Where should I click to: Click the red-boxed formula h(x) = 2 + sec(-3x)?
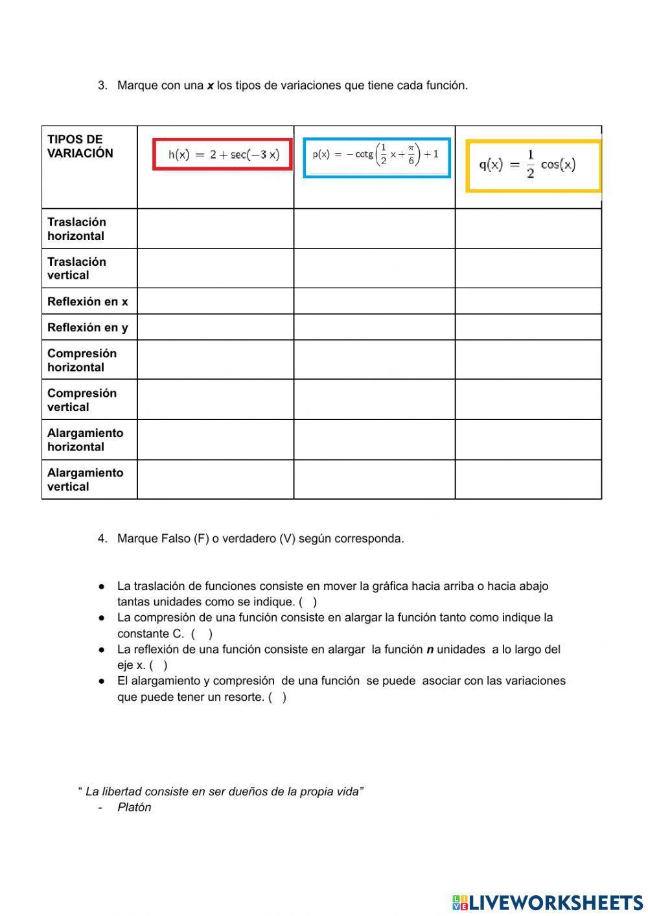tap(222, 154)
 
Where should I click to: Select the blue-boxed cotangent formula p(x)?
tap(376, 157)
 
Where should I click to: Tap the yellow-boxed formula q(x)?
tap(533, 166)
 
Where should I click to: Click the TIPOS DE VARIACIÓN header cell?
tap(80, 147)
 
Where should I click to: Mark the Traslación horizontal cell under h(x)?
tap(215, 229)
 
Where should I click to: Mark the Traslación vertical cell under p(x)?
tap(375, 268)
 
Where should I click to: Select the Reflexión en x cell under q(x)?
tap(528, 301)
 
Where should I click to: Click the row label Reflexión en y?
tap(87, 327)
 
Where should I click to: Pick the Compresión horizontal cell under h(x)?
tap(215, 360)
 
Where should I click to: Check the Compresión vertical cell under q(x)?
tap(528, 400)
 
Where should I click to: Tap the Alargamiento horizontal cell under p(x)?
tap(375, 440)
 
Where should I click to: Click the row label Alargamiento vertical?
tap(85, 480)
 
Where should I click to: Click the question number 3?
tap(102, 86)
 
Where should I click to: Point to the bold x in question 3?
tap(210, 86)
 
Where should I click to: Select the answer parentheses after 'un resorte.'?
tap(277, 698)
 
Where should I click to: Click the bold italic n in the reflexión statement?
tap(430, 650)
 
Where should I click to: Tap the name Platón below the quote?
tap(134, 807)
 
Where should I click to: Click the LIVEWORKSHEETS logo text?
tap(556, 902)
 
